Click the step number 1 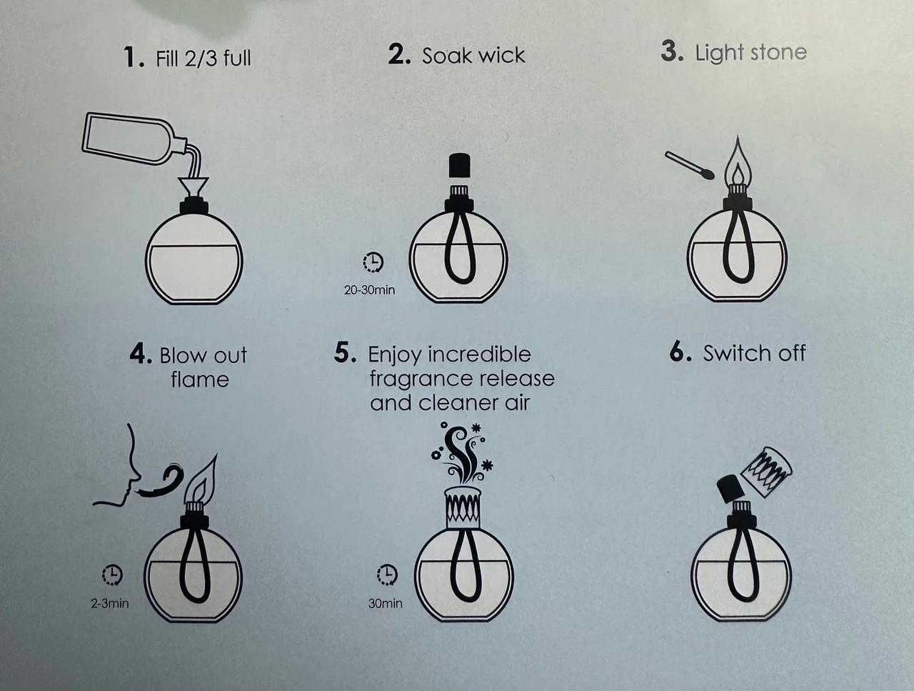(134, 56)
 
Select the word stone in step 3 (778, 52)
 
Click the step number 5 (345, 353)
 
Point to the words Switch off (754, 353)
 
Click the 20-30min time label (369, 290)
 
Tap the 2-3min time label (109, 603)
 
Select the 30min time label (385, 603)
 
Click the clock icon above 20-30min (373, 262)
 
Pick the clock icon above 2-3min (112, 575)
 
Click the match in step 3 (689, 165)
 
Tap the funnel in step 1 (194, 187)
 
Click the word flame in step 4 (200, 379)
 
